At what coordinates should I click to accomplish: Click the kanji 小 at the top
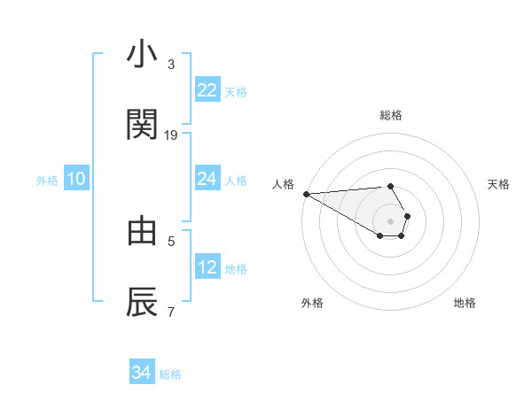point(142,55)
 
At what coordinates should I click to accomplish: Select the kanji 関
point(142,124)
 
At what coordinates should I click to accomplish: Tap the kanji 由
point(142,230)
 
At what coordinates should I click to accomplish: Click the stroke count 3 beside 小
point(171,65)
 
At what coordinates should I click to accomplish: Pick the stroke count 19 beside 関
point(171,135)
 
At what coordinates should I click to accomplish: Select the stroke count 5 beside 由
point(171,240)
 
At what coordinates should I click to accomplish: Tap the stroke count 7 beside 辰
point(171,312)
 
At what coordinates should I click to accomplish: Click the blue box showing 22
point(207,90)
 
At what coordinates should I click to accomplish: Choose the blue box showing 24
point(207,179)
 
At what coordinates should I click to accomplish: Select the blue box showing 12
point(207,267)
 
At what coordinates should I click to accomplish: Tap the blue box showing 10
point(76,179)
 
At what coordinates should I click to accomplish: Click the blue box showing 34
point(141,374)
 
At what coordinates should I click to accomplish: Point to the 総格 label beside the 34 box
point(170,374)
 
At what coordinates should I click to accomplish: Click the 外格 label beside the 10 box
point(47,180)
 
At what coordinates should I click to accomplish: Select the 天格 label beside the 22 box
point(236,91)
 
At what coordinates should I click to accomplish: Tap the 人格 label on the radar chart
point(283,184)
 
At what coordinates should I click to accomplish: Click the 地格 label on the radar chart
point(465,303)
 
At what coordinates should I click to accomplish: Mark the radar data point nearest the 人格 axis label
point(306,194)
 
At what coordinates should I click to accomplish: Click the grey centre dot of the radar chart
point(390,220)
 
